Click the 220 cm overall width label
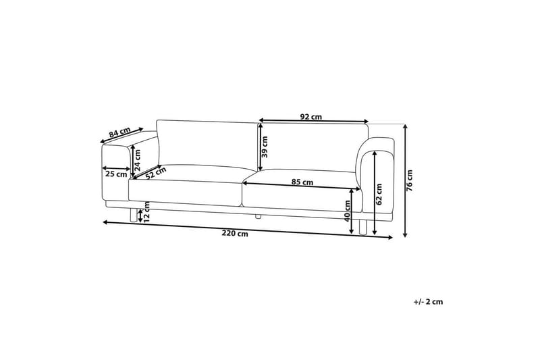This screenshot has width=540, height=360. point(235,234)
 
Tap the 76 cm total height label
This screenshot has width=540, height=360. point(409,180)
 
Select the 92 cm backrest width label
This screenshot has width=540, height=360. point(311,117)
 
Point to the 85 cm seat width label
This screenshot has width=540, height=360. point(302,182)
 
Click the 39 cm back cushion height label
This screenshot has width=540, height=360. point(265,147)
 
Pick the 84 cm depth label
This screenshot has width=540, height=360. point(119,132)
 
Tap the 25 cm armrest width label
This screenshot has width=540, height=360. point(116,174)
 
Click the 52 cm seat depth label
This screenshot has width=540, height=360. point(156,173)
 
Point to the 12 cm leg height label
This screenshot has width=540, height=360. point(146,212)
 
